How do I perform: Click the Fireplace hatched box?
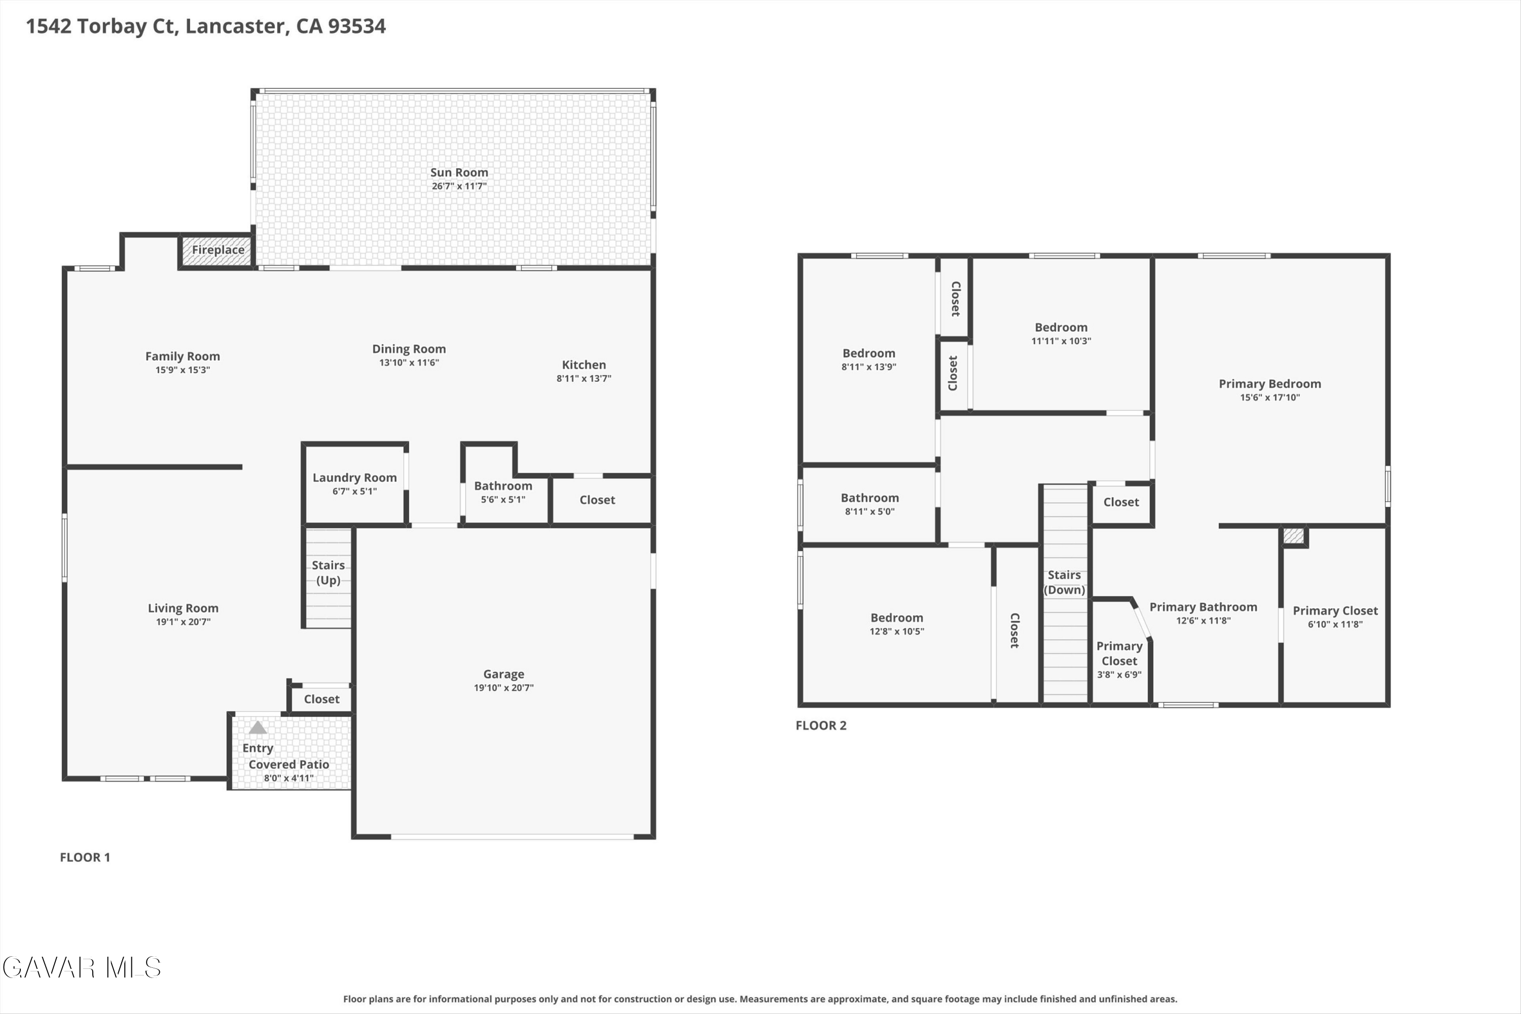(x=216, y=251)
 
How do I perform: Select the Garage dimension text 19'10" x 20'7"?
(x=504, y=687)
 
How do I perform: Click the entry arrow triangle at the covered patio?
(x=258, y=728)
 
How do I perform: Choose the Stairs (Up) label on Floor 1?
(x=328, y=573)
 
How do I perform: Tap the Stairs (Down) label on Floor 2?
(x=1064, y=582)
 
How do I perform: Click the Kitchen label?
(x=584, y=365)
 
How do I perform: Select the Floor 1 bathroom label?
(x=503, y=486)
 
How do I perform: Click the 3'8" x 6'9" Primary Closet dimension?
(x=1119, y=674)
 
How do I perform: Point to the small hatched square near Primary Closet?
(x=1293, y=536)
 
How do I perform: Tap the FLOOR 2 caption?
(x=821, y=726)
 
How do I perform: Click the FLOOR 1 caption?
(x=85, y=857)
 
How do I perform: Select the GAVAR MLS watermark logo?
(x=82, y=967)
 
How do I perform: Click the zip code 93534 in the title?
(x=356, y=26)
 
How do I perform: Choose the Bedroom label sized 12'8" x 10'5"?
(x=896, y=618)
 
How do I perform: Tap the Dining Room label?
(x=409, y=349)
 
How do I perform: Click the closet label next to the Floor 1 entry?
(x=321, y=699)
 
